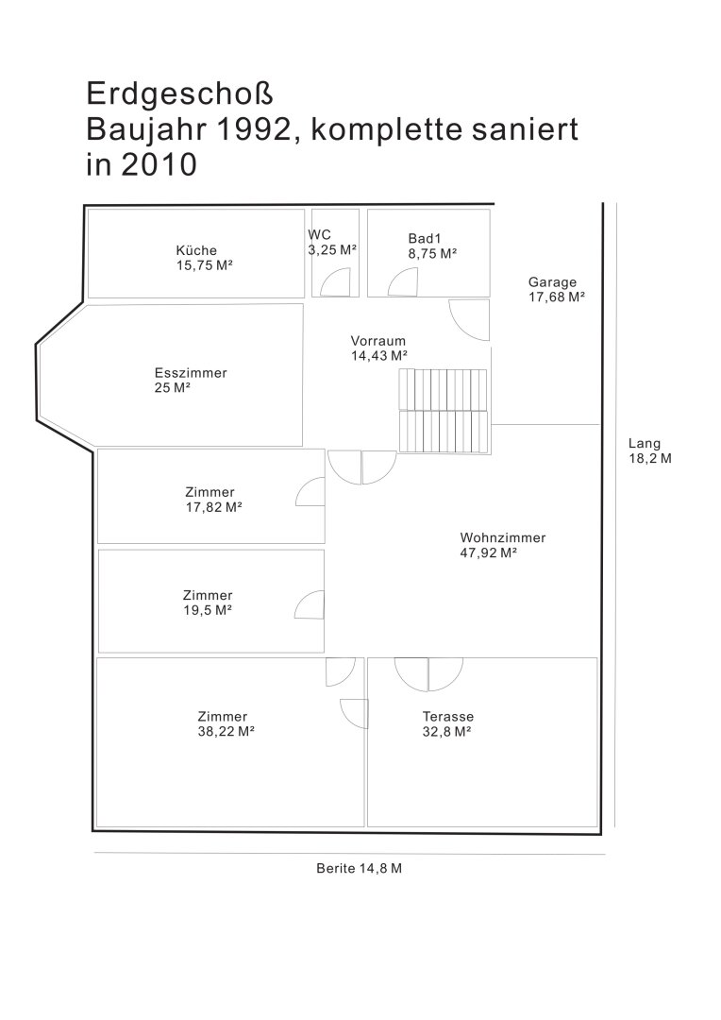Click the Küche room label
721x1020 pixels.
pos(196,250)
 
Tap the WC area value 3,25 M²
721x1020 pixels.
pos(332,250)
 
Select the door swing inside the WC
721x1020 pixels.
pos(338,282)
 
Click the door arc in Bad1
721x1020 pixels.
pos(403,282)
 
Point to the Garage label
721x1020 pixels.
pos(552,282)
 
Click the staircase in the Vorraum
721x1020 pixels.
pos(443,411)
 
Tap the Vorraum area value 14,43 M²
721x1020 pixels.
pos(379,356)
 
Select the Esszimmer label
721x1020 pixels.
pos(191,373)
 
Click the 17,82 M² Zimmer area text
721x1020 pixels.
pos(214,507)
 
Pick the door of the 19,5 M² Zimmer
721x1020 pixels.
pos(310,604)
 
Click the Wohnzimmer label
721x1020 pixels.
pos(503,538)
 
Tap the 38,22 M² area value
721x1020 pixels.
pos(226,731)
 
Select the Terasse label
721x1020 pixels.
pos(448,716)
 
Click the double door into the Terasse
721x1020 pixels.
pos(428,674)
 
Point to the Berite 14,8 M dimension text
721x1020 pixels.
pos(359,869)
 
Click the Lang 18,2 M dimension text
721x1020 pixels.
pos(649,450)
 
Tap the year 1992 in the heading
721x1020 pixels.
pos(252,129)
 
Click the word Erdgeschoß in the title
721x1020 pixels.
pos(179,94)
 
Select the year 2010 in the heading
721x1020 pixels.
pos(159,165)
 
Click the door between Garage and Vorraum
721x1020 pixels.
pos(469,320)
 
